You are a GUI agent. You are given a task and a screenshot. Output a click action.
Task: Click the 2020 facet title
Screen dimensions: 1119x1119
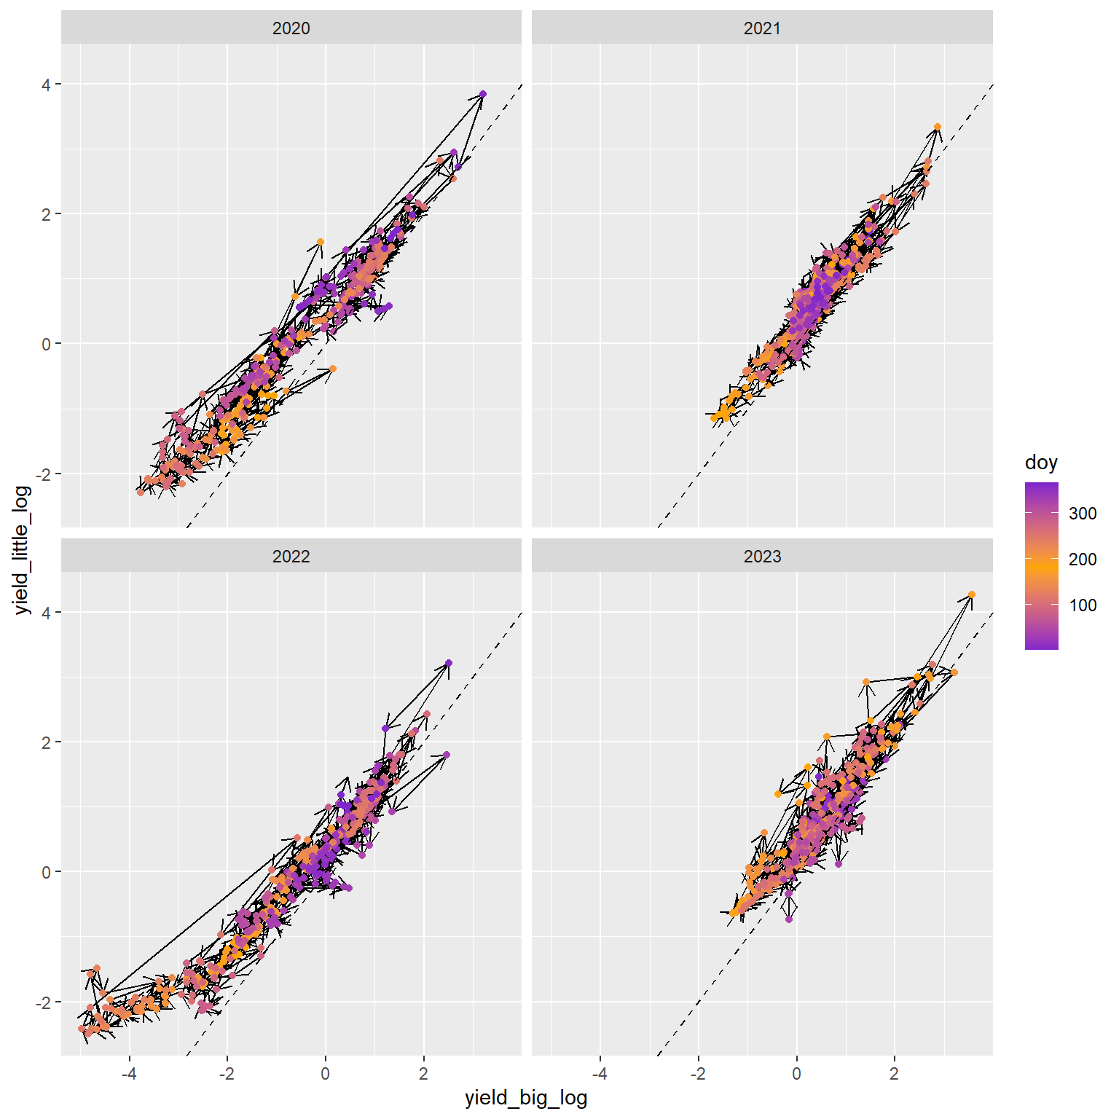291,28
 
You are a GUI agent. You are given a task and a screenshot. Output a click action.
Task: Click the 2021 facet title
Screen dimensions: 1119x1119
762,28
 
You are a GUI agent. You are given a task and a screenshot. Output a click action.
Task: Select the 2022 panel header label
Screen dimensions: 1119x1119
291,557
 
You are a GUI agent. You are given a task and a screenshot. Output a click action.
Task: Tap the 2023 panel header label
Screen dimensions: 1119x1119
762,557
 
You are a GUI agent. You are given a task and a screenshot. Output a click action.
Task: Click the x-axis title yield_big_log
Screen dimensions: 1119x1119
526,1098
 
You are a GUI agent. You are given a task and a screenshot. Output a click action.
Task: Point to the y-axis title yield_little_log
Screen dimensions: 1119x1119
23,550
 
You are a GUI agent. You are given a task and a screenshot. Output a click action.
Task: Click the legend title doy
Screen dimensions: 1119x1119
1041,463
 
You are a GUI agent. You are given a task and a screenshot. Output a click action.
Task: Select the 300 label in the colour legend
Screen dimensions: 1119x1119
1083,514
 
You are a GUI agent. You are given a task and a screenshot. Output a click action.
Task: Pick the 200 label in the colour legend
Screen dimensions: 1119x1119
1083,559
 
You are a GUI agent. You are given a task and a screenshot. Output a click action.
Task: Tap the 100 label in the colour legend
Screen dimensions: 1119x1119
1083,605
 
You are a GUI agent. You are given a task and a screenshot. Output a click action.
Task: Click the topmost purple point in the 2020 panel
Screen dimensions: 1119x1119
483,94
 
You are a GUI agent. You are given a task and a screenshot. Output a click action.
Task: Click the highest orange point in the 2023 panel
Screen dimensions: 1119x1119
972,594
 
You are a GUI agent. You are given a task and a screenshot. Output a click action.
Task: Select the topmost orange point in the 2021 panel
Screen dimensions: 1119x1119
938,127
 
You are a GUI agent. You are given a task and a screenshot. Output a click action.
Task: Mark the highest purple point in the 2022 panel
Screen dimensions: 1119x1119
449,663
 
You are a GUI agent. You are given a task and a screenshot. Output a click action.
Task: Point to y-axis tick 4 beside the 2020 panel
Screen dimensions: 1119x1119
47,85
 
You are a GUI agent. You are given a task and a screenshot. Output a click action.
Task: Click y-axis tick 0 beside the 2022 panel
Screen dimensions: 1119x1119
47,872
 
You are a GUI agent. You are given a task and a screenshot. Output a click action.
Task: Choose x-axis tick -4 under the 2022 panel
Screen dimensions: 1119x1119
129,1073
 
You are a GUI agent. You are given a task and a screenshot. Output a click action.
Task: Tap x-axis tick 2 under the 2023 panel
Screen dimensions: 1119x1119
895,1073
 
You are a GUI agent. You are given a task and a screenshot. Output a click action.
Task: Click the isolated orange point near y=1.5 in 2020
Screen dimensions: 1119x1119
321,242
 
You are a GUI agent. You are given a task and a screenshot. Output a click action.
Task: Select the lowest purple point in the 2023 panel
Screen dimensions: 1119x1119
789,919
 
